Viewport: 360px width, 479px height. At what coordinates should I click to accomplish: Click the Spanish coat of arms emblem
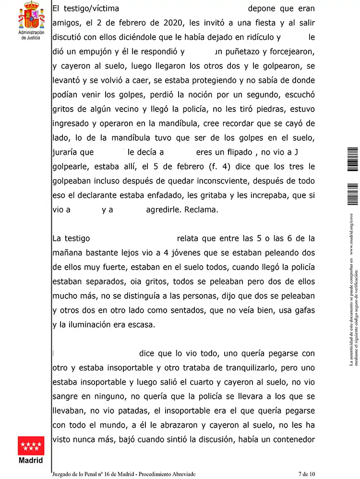pyautogui.click(x=31, y=16)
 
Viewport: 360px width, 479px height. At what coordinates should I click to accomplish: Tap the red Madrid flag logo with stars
pyautogui.click(x=30, y=447)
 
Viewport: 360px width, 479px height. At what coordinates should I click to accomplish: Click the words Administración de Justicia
pyautogui.click(x=31, y=35)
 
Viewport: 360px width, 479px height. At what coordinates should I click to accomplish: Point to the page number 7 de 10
pyautogui.click(x=306, y=474)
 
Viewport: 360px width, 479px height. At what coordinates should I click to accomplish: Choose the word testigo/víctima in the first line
pyautogui.click(x=88, y=9)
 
